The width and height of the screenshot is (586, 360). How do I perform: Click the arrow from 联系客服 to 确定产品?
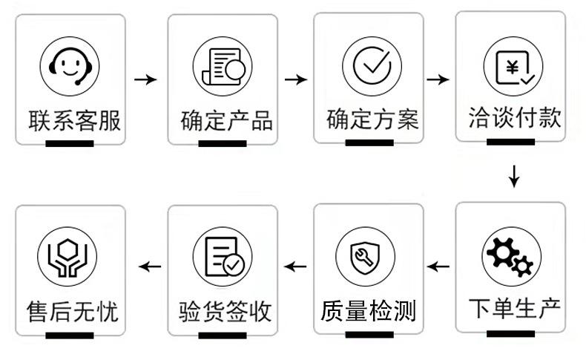145,79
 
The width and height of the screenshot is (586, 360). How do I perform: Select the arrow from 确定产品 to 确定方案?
296,79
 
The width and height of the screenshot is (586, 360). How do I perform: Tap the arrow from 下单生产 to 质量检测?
439,266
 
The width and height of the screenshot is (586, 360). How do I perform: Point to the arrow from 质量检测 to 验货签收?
297,266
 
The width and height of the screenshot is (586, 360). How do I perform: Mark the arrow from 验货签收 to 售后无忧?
151,266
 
